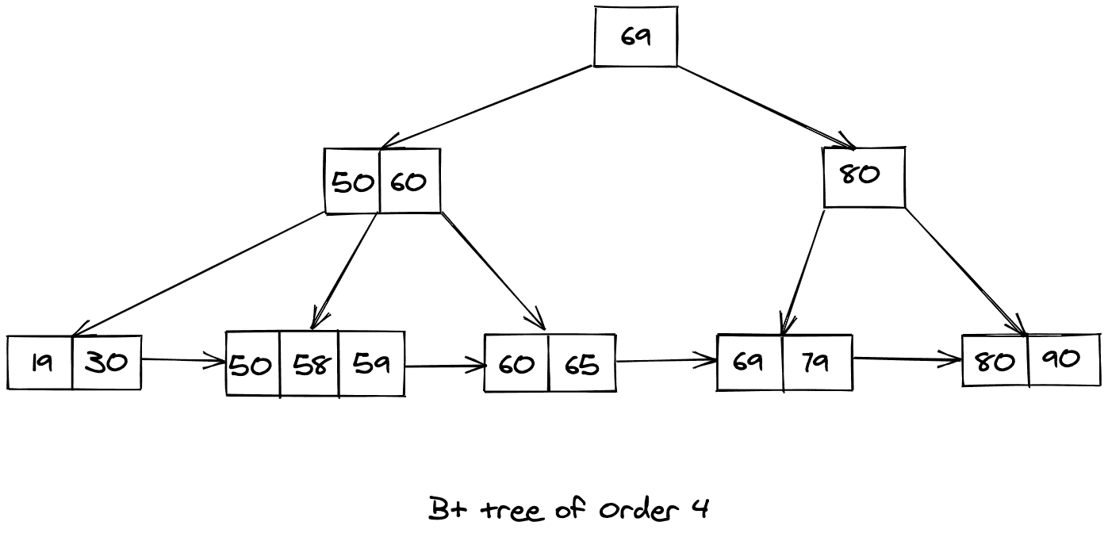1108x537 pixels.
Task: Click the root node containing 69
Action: (635, 36)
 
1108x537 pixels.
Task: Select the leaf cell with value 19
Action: (40, 363)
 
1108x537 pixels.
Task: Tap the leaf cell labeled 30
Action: (106, 363)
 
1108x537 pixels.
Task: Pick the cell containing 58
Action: (309, 364)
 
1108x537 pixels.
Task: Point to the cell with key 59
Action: (371, 364)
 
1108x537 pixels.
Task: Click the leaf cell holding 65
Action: (581, 364)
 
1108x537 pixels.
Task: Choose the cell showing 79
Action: (817, 362)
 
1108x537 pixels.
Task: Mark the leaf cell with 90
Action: (1064, 359)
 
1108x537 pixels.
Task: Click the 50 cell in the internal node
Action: (352, 182)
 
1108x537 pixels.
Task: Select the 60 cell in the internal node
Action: (409, 182)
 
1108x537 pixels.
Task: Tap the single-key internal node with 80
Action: (864, 177)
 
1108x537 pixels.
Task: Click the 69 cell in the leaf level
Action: (750, 362)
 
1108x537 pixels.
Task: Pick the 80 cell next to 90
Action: (995, 361)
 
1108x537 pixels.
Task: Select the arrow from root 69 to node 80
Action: (765, 107)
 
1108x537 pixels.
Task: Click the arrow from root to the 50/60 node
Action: (485, 107)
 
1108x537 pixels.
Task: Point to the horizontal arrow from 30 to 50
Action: (183, 361)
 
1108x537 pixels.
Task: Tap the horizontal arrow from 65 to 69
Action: (666, 362)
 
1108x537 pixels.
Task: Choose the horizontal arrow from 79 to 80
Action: (907, 360)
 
